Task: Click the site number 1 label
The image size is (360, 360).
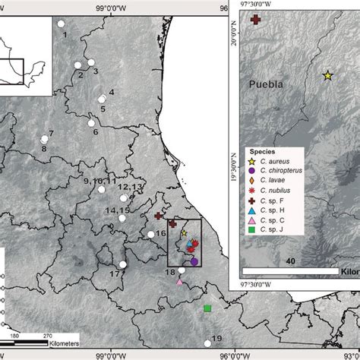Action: click(x=65, y=35)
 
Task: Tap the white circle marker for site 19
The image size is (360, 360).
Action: click(x=207, y=344)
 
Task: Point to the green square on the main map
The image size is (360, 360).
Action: click(x=207, y=308)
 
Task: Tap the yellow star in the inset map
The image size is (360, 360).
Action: click(x=327, y=75)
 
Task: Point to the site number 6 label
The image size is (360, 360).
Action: click(x=96, y=132)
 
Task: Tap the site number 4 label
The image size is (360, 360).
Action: click(x=111, y=92)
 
